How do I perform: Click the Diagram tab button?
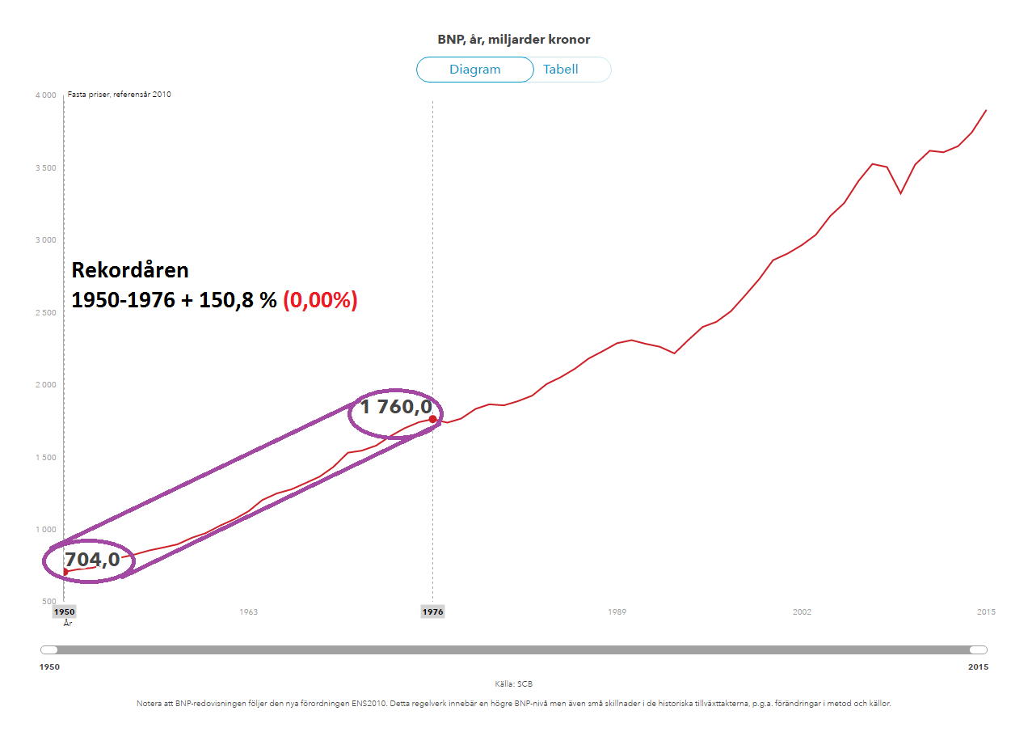(x=475, y=70)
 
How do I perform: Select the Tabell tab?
(x=561, y=70)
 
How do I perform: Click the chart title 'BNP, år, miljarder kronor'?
(x=514, y=39)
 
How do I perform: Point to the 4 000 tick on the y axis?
(x=45, y=95)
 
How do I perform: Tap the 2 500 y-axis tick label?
(x=45, y=313)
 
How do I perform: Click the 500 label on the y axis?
(x=48, y=602)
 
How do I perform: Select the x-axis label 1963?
(x=249, y=612)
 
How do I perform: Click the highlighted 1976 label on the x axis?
(x=432, y=612)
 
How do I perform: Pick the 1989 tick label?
(x=617, y=612)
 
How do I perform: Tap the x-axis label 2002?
(x=802, y=612)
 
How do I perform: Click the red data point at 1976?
(x=433, y=419)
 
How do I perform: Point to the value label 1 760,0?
(x=396, y=407)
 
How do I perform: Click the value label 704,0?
(x=92, y=559)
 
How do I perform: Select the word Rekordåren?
(x=130, y=270)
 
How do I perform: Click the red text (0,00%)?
(x=320, y=300)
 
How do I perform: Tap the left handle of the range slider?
(x=49, y=649)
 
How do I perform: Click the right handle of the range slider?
(x=979, y=649)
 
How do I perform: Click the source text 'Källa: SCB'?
(x=514, y=684)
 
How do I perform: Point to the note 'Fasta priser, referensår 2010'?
(x=120, y=95)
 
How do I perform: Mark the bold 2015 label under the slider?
(x=978, y=667)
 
